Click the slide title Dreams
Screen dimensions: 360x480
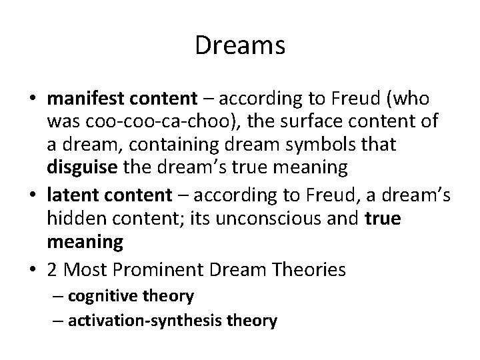[x=240, y=46]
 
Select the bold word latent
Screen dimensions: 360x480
[x=71, y=195]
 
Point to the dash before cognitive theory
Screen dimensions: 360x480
[x=59, y=295]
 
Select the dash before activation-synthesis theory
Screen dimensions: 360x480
[x=59, y=320]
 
